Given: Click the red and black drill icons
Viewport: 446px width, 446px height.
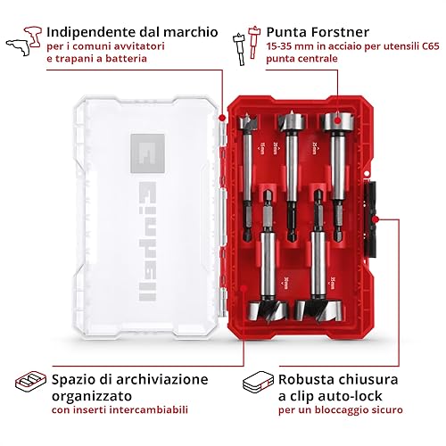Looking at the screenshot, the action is click(x=24, y=41).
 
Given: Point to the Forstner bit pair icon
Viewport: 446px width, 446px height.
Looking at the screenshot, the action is click(x=247, y=45).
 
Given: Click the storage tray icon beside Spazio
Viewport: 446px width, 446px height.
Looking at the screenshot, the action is click(x=31, y=381).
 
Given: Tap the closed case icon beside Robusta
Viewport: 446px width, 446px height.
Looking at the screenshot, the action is click(x=258, y=382).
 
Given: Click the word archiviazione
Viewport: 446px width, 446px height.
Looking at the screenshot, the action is click(x=162, y=379).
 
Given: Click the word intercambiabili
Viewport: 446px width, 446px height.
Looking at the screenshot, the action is click(x=149, y=409).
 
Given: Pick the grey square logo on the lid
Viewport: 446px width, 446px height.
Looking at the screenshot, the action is click(x=147, y=153).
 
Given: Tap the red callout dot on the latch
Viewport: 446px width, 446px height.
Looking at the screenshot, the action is click(x=376, y=219).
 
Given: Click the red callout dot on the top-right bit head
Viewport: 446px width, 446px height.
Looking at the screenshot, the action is click(x=337, y=120).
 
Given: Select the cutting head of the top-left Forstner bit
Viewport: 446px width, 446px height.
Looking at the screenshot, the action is click(x=248, y=122).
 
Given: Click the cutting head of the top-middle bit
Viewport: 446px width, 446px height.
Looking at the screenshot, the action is click(x=292, y=121).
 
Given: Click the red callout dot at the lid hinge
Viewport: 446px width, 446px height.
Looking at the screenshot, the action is click(x=222, y=118).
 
